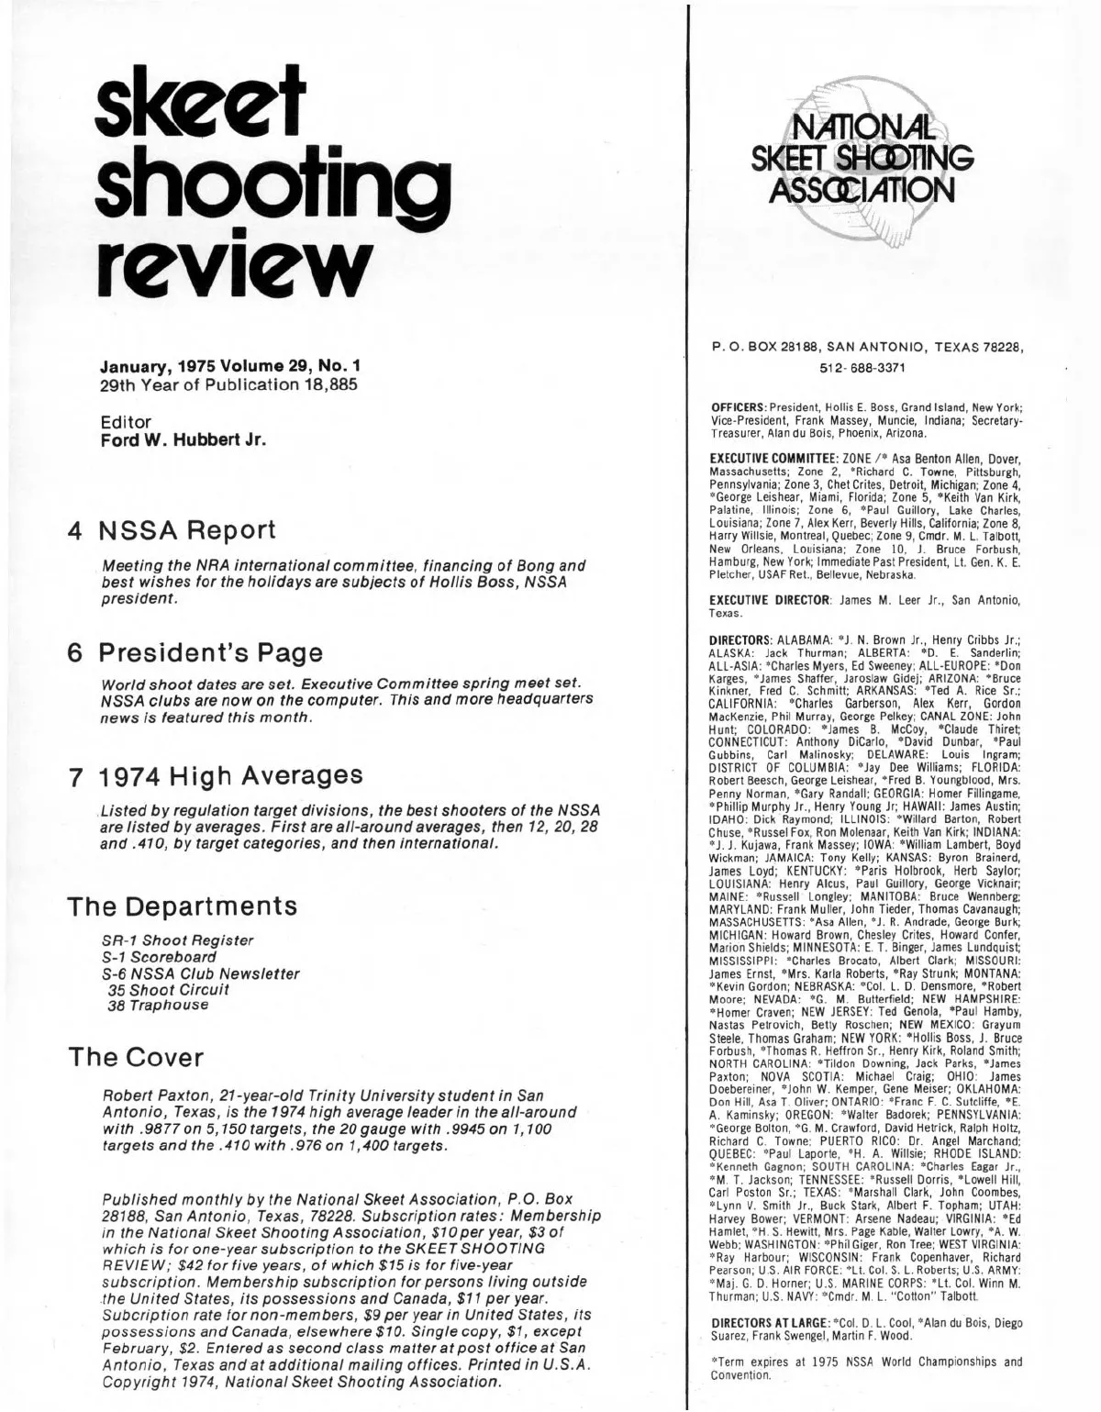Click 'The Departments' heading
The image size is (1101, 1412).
click(183, 906)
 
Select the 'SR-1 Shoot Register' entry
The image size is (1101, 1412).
click(177, 940)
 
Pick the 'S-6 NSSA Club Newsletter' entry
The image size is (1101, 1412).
click(200, 973)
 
